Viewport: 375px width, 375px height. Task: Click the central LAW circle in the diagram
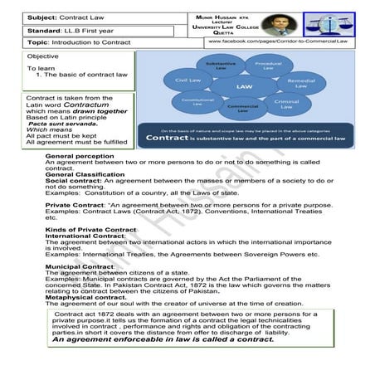point(244,85)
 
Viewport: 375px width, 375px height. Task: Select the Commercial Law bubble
point(242,108)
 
